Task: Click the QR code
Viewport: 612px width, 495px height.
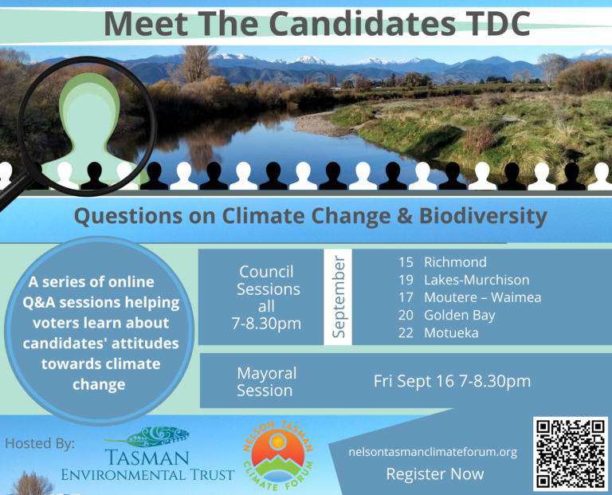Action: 571,454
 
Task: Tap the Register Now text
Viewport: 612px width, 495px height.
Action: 435,474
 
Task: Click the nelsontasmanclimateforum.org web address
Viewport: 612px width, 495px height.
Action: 433,452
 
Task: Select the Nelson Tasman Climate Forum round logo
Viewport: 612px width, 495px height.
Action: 278,455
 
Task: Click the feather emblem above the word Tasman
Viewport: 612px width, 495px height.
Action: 147,437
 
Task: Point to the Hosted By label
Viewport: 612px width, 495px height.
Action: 40,443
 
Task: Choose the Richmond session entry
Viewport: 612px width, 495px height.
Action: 455,262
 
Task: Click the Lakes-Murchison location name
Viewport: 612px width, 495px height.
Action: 477,280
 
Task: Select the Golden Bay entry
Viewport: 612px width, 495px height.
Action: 459,315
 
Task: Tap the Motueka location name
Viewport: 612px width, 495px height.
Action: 451,332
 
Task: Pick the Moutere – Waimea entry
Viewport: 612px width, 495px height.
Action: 482,297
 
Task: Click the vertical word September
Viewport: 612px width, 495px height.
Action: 338,297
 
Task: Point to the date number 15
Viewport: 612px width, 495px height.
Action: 406,262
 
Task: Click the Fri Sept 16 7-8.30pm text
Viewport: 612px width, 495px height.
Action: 452,381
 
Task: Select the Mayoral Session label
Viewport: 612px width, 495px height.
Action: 266,382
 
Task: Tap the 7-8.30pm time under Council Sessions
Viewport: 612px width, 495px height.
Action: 266,324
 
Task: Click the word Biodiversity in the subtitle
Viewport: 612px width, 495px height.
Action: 483,216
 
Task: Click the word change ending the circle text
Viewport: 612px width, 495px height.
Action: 99,385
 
